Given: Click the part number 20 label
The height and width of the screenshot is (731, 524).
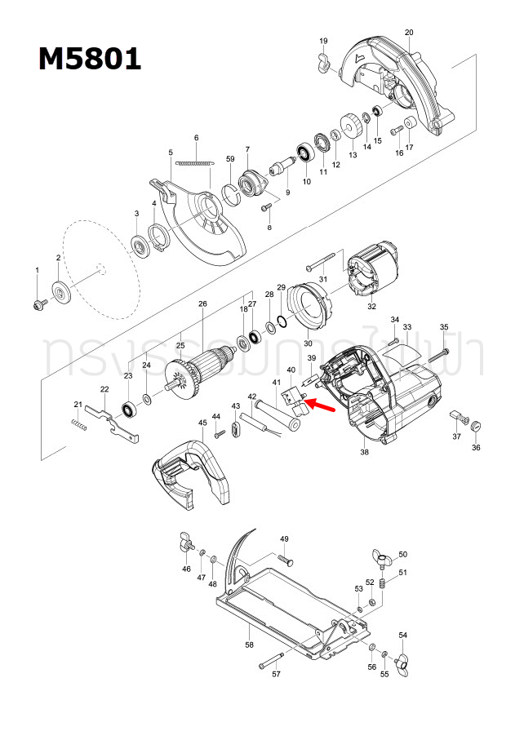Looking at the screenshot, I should click(408, 32).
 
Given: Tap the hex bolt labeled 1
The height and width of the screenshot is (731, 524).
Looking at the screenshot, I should click(37, 303).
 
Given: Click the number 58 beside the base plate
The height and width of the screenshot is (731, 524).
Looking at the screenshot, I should click(250, 645).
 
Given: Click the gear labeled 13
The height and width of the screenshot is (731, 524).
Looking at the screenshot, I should click(351, 127).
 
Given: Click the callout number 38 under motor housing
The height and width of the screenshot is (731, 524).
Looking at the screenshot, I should click(364, 452).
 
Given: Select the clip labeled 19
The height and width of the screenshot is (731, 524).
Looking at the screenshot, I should click(322, 61).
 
